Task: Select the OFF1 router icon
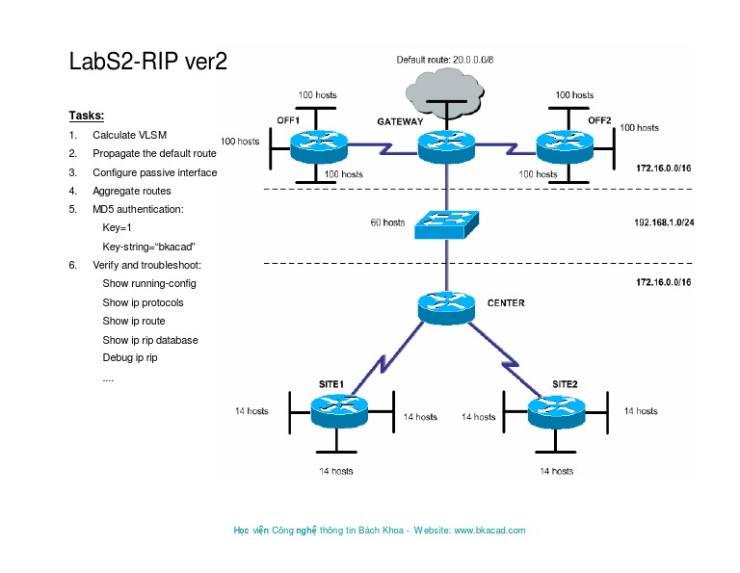318,146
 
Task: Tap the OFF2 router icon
565,146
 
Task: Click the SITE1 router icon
340,412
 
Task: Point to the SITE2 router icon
556,412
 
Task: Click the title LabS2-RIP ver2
148,62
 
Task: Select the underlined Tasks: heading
86,116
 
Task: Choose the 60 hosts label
387,222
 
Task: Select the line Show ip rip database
150,340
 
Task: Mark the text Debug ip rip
130,357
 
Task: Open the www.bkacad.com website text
489,531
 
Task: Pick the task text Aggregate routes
132,191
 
